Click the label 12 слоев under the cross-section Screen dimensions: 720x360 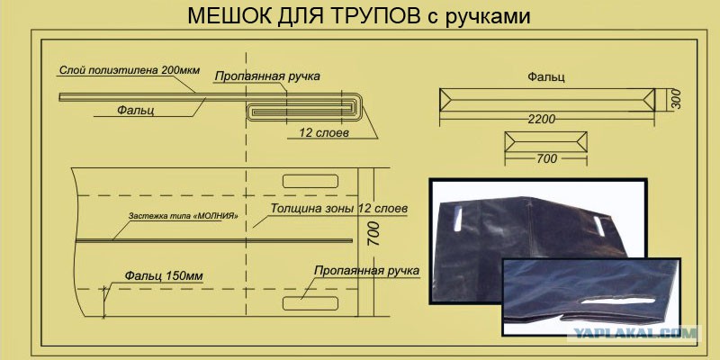coord(324,133)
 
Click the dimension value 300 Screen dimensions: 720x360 coord(676,99)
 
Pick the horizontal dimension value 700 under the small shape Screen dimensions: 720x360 coord(546,159)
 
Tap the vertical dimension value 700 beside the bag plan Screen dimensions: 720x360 coord(373,233)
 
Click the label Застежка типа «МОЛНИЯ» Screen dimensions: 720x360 coord(184,215)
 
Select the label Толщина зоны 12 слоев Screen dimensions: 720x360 coord(339,208)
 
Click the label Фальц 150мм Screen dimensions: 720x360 coord(164,276)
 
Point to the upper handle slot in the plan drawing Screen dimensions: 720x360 coord(310,182)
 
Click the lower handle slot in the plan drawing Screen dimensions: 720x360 coord(310,303)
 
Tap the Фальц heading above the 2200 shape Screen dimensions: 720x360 coord(546,76)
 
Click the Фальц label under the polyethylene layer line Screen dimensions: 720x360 coord(136,110)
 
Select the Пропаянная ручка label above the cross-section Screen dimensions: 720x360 coord(267,76)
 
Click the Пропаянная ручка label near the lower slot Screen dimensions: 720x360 coord(366,270)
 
